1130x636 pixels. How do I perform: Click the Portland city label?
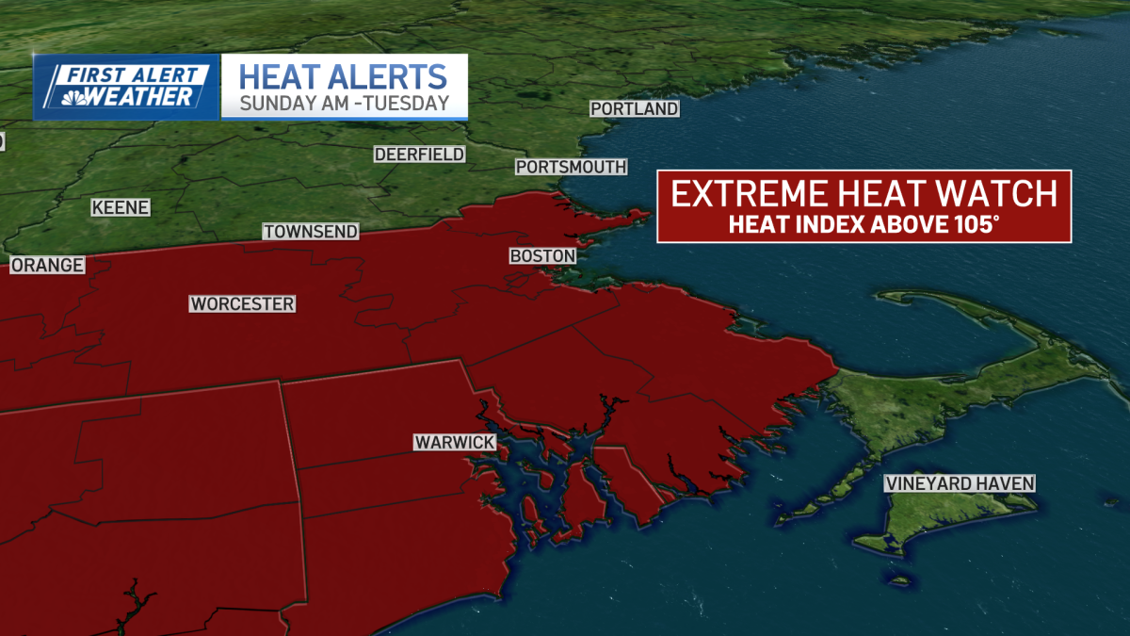635,109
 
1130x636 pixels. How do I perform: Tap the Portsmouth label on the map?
571,167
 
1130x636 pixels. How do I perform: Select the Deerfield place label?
420,155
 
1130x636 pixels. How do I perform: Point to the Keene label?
121,208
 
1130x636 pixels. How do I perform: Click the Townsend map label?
311,232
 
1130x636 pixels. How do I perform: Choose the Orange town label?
47,267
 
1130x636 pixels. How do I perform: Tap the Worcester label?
242,304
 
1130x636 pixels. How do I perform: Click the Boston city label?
542,256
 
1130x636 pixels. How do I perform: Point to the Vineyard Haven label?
960,484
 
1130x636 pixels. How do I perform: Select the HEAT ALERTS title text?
343,75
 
